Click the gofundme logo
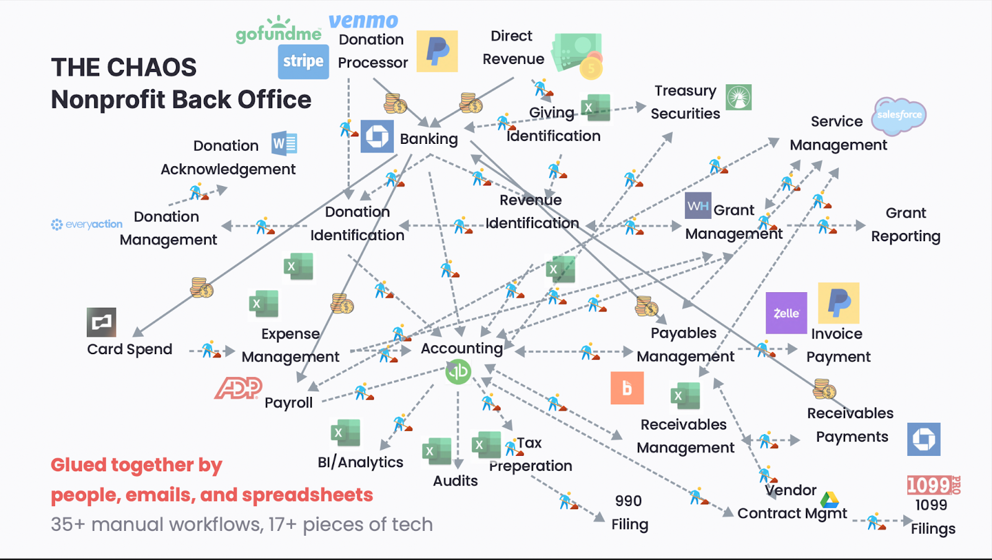tap(278, 31)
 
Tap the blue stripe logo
tap(303, 61)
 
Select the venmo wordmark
tap(363, 21)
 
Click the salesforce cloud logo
tap(899, 115)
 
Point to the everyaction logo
tap(87, 224)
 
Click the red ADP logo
tap(238, 389)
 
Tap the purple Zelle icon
tap(786, 313)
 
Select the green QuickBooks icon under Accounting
tap(458, 371)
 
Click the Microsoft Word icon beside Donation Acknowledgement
tap(285, 144)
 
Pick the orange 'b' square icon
tap(627, 388)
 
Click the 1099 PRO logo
tap(933, 485)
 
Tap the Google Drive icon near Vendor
tap(830, 499)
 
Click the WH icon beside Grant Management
tap(698, 206)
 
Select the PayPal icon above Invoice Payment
tap(839, 303)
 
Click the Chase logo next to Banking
tap(377, 136)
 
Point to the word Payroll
tap(288, 403)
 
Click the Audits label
tap(455, 481)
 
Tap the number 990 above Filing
tap(628, 501)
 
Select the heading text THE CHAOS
tap(124, 68)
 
